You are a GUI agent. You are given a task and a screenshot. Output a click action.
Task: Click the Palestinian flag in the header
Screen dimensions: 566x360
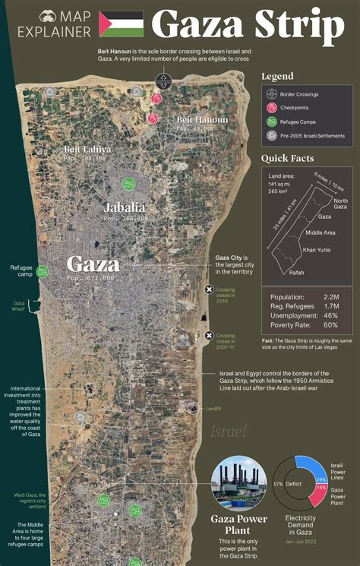122,24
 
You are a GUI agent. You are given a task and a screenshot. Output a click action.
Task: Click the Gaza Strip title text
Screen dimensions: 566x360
248,24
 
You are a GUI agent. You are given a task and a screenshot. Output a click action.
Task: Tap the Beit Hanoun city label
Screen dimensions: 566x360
202,119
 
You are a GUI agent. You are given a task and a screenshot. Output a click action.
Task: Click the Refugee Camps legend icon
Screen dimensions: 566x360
272,120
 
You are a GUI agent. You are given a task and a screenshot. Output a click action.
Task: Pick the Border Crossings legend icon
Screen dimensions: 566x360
272,94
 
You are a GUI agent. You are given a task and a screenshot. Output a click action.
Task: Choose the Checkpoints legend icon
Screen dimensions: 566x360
272,107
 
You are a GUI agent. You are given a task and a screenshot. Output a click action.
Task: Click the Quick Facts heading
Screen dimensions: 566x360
287,158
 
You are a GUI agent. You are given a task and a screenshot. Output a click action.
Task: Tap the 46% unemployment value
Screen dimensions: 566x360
330,315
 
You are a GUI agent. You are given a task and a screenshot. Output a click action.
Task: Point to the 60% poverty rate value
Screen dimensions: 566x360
330,325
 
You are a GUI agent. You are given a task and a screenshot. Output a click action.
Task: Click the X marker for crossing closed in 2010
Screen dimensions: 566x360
209,289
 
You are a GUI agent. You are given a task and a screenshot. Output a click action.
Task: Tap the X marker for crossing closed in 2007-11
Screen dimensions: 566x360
209,336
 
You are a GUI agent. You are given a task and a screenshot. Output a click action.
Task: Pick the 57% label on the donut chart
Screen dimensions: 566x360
278,483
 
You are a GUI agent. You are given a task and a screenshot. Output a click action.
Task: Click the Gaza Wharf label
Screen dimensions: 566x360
19,305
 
